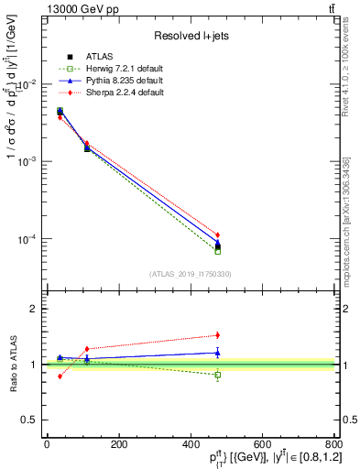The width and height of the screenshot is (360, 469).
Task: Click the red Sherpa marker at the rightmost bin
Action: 217,235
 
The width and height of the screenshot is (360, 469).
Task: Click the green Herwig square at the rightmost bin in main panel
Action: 217,250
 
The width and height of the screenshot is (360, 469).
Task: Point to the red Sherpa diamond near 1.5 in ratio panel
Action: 217,335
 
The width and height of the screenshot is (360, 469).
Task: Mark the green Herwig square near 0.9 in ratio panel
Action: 217,375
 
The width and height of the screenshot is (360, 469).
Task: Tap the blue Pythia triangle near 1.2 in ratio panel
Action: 217,353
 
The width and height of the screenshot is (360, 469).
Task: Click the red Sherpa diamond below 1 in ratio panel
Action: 60,376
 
